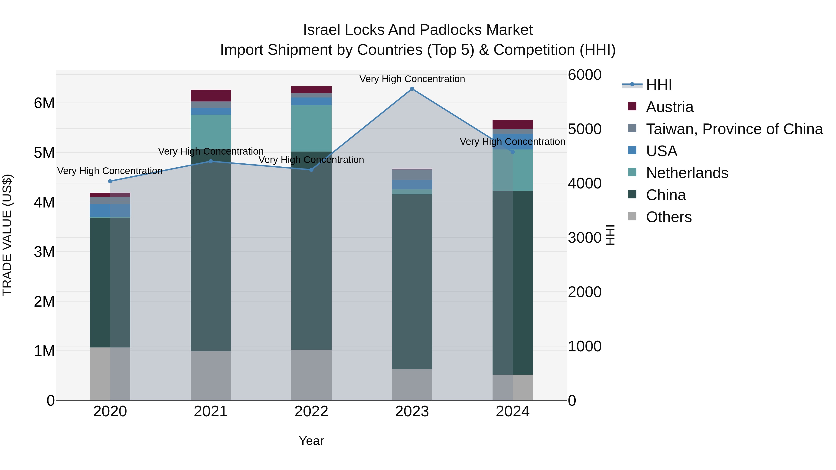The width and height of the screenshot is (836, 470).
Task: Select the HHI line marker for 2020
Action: (110, 181)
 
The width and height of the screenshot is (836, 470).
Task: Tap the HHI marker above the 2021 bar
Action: (211, 161)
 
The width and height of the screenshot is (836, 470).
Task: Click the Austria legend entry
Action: (669, 107)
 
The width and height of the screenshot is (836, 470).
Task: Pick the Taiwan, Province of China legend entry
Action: (734, 129)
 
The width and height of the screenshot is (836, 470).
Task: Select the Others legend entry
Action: (669, 217)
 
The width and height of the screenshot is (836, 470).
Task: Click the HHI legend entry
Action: (659, 85)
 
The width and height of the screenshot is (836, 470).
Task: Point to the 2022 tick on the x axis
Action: (311, 412)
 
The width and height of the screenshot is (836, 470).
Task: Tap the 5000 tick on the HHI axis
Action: (585, 129)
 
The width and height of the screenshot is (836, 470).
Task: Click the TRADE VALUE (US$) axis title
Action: (7, 235)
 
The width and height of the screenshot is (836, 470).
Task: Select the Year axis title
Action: (311, 441)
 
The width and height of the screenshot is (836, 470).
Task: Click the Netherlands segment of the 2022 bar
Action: (311, 128)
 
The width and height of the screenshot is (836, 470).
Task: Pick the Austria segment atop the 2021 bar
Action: (211, 95)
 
